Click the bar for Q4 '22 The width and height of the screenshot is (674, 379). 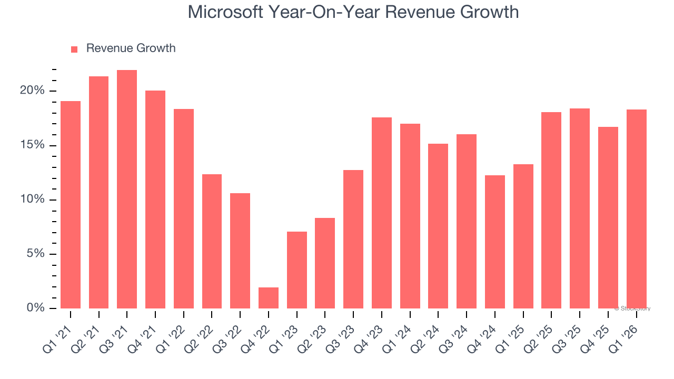tap(269, 298)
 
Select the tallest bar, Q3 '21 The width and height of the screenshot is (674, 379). tap(127, 189)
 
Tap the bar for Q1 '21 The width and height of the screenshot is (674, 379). tap(71, 205)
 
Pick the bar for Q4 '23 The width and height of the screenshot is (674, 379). tap(382, 213)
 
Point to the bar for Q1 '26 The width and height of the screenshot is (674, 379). tap(636, 209)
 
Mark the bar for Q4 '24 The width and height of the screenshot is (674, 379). tap(495, 242)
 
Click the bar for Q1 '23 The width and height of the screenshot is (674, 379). tap(297, 270)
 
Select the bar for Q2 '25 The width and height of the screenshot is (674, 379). tap(551, 210)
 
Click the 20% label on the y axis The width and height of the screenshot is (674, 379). tap(32, 91)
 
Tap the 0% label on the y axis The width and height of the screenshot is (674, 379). tap(35, 308)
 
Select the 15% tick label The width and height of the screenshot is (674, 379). tap(32, 145)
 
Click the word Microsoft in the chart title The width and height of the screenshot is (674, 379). tap(225, 12)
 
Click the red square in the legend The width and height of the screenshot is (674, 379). tap(74, 49)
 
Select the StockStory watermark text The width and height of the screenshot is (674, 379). tap(632, 308)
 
